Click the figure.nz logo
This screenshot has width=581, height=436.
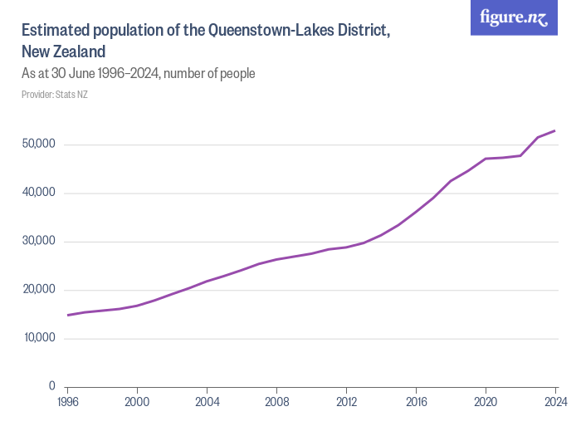coord(514,17)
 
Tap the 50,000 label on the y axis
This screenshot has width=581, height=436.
coord(39,145)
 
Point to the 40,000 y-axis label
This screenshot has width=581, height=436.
coord(39,193)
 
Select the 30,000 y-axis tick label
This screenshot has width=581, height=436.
coord(39,242)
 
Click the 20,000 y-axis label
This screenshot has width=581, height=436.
coord(39,290)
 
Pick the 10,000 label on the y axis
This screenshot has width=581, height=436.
coord(39,338)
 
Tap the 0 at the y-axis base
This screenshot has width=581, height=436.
coord(51,387)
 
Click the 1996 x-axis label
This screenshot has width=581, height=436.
coord(68,403)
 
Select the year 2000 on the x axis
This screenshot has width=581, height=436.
coord(138,403)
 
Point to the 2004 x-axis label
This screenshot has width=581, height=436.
coord(207,403)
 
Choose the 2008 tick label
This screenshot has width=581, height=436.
coord(277,403)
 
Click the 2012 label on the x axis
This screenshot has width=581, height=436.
coord(347,403)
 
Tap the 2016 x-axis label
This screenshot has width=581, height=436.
coord(417,403)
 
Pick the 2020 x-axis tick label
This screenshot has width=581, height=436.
coord(486,403)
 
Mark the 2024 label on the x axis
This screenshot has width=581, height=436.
coord(554,403)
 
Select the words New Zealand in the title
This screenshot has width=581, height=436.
coord(64,51)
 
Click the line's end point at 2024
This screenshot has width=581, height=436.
coord(555,130)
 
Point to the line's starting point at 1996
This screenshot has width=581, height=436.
coord(68,315)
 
